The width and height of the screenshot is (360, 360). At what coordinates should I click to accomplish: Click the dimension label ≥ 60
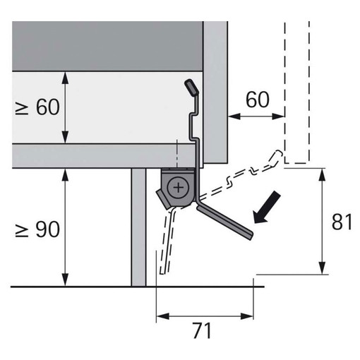point(37,107)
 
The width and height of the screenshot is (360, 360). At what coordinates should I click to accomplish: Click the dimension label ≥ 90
point(37,229)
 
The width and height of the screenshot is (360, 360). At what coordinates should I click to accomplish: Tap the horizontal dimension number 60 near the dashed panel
point(258,100)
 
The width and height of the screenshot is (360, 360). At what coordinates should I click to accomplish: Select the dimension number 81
point(342,222)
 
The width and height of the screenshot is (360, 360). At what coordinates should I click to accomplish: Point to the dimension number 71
point(202,330)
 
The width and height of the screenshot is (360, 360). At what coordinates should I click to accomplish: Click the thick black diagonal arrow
point(267,208)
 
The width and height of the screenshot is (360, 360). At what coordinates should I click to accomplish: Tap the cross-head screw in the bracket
point(179,188)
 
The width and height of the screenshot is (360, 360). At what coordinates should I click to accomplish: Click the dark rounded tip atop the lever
point(191,88)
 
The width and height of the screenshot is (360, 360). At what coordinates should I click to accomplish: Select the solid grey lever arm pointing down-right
point(224,222)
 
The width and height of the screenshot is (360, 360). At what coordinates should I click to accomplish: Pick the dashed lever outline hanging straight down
point(167,242)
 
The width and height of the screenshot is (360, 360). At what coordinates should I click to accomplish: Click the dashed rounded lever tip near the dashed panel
point(275,157)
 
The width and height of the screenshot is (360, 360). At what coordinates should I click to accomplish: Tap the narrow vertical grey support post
point(139,227)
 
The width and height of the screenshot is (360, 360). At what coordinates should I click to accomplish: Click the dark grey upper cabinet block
point(107,46)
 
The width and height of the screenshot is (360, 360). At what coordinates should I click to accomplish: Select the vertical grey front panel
point(215,92)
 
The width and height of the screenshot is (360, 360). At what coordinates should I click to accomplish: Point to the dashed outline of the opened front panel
point(296,92)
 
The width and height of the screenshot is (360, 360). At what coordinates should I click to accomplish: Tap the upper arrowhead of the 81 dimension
point(322,174)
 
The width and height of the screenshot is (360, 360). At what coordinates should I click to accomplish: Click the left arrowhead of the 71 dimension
point(163,316)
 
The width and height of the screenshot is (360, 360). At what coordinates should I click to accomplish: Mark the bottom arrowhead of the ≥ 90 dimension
point(65,280)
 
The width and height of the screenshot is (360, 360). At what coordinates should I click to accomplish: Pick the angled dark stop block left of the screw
point(164,200)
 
